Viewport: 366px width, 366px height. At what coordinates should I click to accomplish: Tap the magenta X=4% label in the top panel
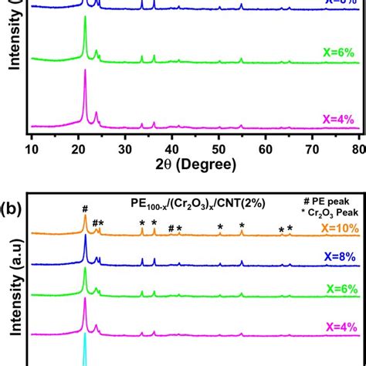pyautogui.click(x=340, y=119)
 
